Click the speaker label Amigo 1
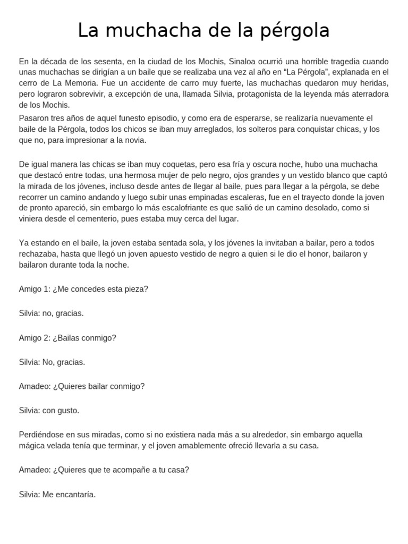34,289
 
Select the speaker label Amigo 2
34,338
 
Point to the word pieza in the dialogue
134,289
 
